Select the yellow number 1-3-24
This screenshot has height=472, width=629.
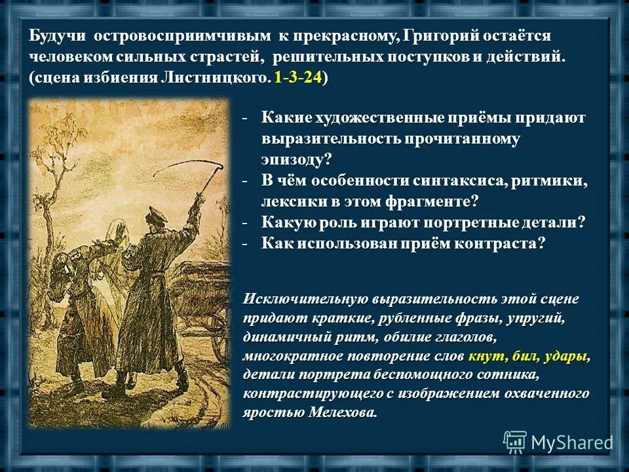pyautogui.click(x=298, y=78)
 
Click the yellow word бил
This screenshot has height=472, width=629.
pyautogui.click(x=523, y=357)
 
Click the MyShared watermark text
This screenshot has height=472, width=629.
pyautogui.click(x=571, y=443)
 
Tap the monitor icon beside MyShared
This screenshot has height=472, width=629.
pyautogui.click(x=515, y=442)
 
